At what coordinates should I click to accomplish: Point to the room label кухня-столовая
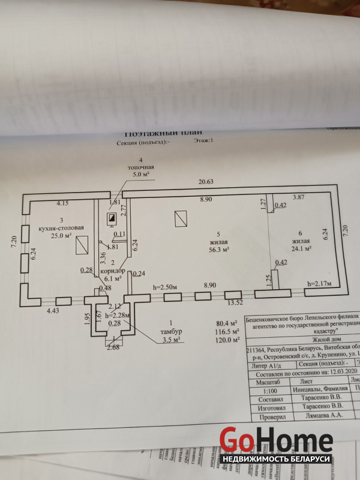point(56,228)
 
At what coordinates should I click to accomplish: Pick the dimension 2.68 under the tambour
point(114,346)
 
